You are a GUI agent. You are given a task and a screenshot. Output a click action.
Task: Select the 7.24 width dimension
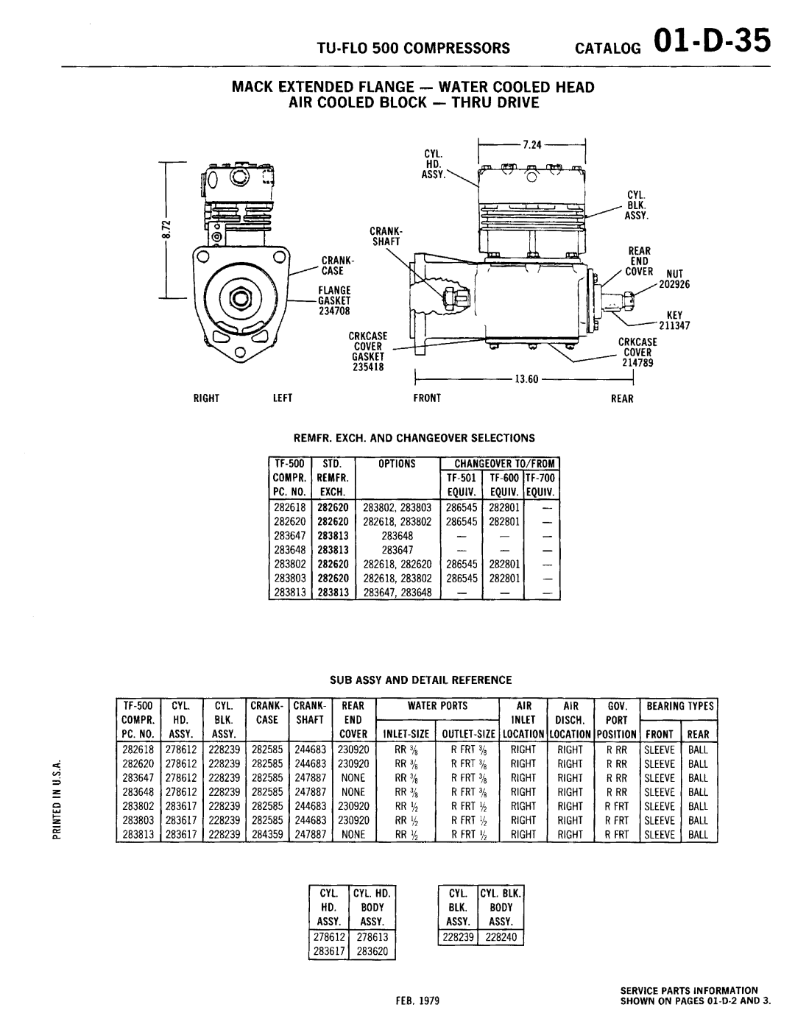533,145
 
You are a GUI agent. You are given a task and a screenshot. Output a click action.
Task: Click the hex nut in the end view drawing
239,298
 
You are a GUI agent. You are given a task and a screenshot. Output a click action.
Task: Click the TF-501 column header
461,478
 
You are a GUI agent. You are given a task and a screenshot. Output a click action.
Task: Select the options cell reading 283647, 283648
397,591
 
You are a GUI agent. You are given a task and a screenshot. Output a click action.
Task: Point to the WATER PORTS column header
439,705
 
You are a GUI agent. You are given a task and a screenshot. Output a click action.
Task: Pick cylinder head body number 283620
372,951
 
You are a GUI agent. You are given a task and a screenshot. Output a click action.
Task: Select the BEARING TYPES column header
680,705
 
